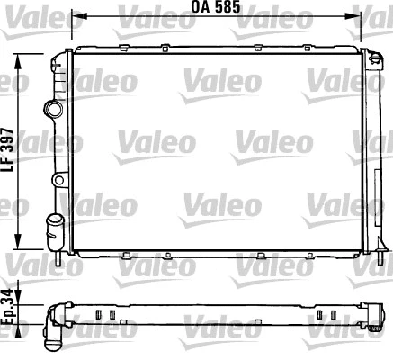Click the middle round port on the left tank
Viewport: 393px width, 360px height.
[58, 180]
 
